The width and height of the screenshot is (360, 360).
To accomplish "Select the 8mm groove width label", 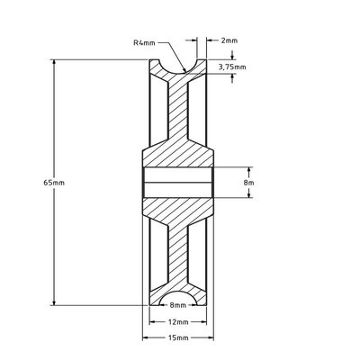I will [179, 307].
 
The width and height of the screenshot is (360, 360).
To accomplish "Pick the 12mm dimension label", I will [179, 321].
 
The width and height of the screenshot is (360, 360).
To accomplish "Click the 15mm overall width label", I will [179, 337].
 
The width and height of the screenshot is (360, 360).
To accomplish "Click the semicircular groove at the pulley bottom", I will [179, 301].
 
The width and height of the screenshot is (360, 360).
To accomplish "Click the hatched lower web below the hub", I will [179, 256].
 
